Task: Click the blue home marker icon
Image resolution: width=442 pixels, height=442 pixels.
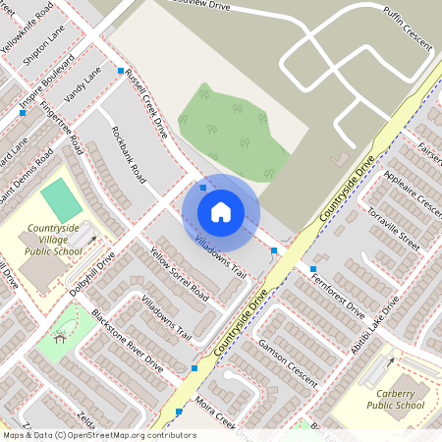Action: coord(221,211)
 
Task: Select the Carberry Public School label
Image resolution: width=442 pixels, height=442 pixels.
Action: coord(396,398)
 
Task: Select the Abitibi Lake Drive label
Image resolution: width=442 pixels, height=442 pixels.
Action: coord(378,328)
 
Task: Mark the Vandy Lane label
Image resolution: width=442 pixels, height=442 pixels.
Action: coord(83,87)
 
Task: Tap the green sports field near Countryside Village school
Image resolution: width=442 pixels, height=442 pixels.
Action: coord(62,199)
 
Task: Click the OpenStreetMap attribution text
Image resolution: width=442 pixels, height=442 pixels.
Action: coord(98,435)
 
